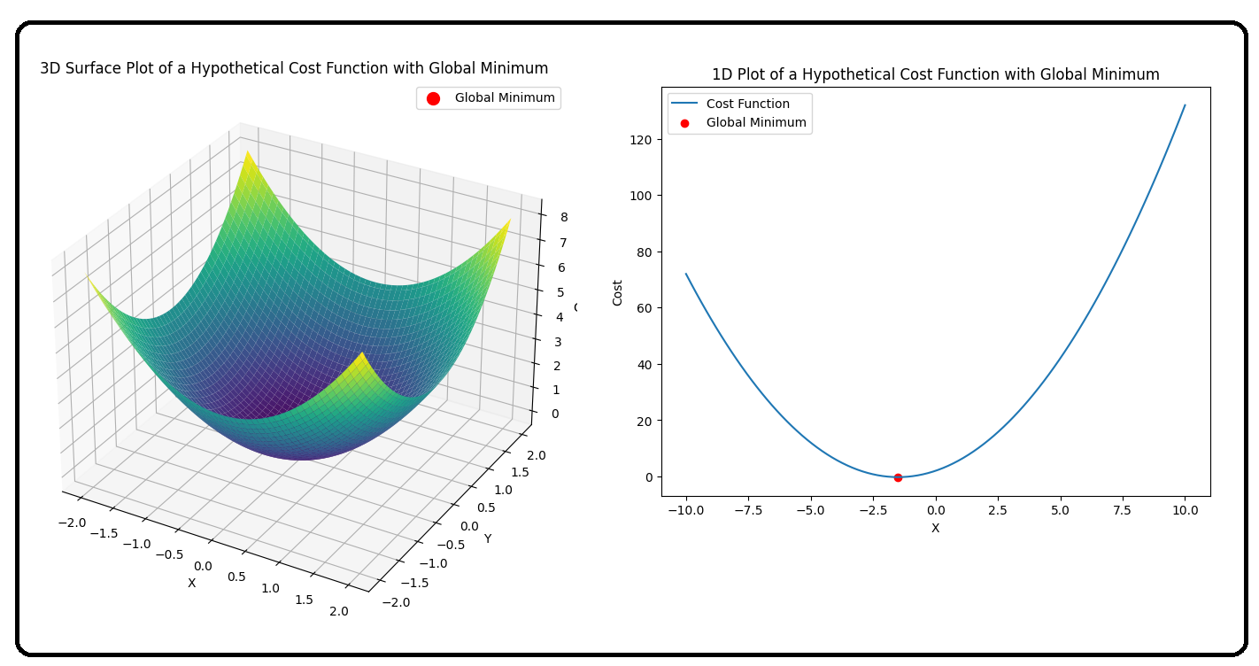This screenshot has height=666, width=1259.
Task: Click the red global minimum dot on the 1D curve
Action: coord(898,477)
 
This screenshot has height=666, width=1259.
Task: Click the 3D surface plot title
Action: coord(294,68)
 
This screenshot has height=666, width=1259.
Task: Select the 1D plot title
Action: coord(935,74)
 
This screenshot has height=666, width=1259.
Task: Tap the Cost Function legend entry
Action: coord(747,104)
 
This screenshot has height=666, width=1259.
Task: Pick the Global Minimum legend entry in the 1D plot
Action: coord(755,123)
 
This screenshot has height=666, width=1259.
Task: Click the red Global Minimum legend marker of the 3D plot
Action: coord(433,98)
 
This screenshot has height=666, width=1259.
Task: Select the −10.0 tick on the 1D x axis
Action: coord(684,510)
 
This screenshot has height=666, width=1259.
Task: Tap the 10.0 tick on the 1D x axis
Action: coord(1185,510)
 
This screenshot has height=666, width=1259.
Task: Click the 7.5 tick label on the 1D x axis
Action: coord(1122,510)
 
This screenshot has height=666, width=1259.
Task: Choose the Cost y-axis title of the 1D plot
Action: coord(617,292)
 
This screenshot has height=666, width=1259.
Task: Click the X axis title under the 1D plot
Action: coord(935,528)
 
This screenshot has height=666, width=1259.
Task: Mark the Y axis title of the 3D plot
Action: coord(487,538)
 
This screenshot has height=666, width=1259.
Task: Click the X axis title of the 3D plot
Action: coord(191,582)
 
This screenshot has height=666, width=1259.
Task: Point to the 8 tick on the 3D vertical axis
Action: coord(563,217)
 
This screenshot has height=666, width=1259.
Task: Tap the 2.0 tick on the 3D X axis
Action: coord(339,611)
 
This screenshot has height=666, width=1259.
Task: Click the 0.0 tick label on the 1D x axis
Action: coord(935,510)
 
